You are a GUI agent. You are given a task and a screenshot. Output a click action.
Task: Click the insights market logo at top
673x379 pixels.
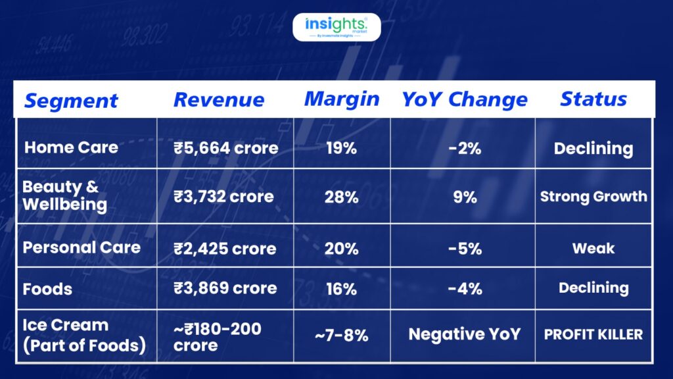click(x=336, y=27)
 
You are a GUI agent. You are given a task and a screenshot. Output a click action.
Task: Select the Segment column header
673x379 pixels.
click(x=71, y=101)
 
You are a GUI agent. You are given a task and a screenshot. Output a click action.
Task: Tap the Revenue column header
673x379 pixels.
click(x=219, y=99)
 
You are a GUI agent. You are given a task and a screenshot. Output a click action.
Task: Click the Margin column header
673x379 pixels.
click(x=342, y=99)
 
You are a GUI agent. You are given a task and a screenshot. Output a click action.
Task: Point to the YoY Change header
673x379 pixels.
click(x=465, y=99)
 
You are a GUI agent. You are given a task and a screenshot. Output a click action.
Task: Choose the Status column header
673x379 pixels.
click(x=593, y=99)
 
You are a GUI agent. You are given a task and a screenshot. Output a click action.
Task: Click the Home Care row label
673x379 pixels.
click(x=71, y=147)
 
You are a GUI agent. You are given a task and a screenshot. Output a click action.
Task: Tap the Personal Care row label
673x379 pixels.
click(x=81, y=247)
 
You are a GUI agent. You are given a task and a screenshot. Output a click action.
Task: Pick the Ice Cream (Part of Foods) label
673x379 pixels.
click(x=83, y=335)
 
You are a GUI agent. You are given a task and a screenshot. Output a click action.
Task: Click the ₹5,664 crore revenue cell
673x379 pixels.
click(x=225, y=147)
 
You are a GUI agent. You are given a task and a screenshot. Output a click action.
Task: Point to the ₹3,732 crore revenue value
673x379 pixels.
click(x=223, y=196)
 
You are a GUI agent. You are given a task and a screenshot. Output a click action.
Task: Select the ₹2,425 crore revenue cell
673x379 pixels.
click(x=225, y=248)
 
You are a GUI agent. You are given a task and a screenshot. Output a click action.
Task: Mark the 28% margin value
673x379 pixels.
click(x=341, y=196)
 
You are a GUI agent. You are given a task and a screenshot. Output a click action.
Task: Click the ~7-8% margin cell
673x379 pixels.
click(x=341, y=335)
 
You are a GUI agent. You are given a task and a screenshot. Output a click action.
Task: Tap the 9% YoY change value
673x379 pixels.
click(x=465, y=196)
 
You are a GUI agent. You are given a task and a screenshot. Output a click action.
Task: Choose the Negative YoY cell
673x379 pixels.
click(x=464, y=334)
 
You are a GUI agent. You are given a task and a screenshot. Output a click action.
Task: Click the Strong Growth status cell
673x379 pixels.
click(x=593, y=196)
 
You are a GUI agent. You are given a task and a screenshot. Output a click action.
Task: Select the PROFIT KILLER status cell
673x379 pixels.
click(x=593, y=334)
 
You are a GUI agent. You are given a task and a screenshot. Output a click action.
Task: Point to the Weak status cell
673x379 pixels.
click(x=593, y=248)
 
